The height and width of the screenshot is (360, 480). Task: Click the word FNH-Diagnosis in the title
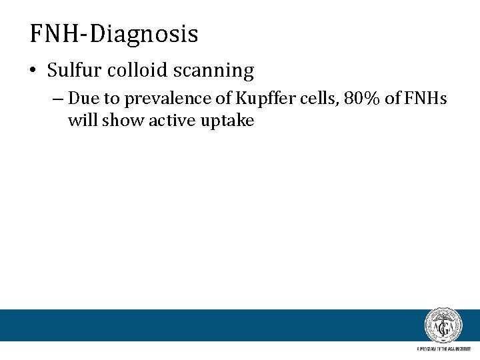(x=114, y=33)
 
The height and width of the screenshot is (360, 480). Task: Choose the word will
(x=82, y=121)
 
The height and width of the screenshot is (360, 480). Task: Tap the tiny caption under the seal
(x=443, y=349)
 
